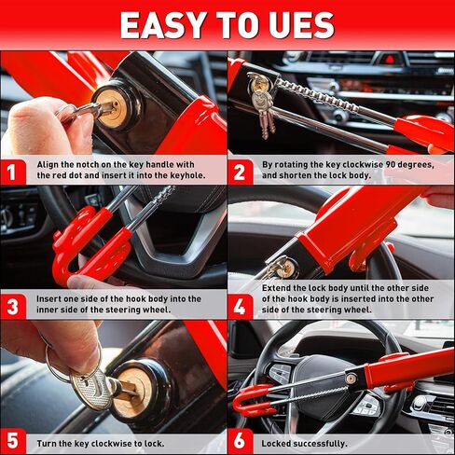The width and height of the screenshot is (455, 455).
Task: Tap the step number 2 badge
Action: (x=241, y=170)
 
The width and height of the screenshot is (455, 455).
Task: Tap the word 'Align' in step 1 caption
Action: (x=49, y=162)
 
